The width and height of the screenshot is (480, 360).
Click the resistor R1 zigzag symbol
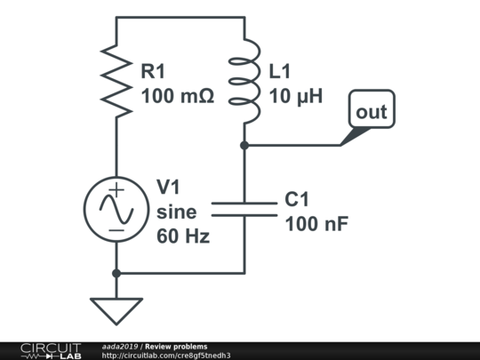pos(116,76)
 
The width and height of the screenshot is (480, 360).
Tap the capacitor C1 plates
pos(244,209)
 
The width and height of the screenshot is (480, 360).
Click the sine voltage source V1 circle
pos(116,209)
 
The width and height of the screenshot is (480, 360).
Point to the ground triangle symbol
pos(116,309)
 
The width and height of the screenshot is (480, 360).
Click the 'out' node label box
pos(372,111)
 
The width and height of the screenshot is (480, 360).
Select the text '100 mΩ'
pos(178,96)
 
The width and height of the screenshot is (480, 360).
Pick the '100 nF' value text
pos(316,224)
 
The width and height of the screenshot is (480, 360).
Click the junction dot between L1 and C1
pos(244,145)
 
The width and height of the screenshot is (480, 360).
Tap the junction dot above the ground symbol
pos(116,272)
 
